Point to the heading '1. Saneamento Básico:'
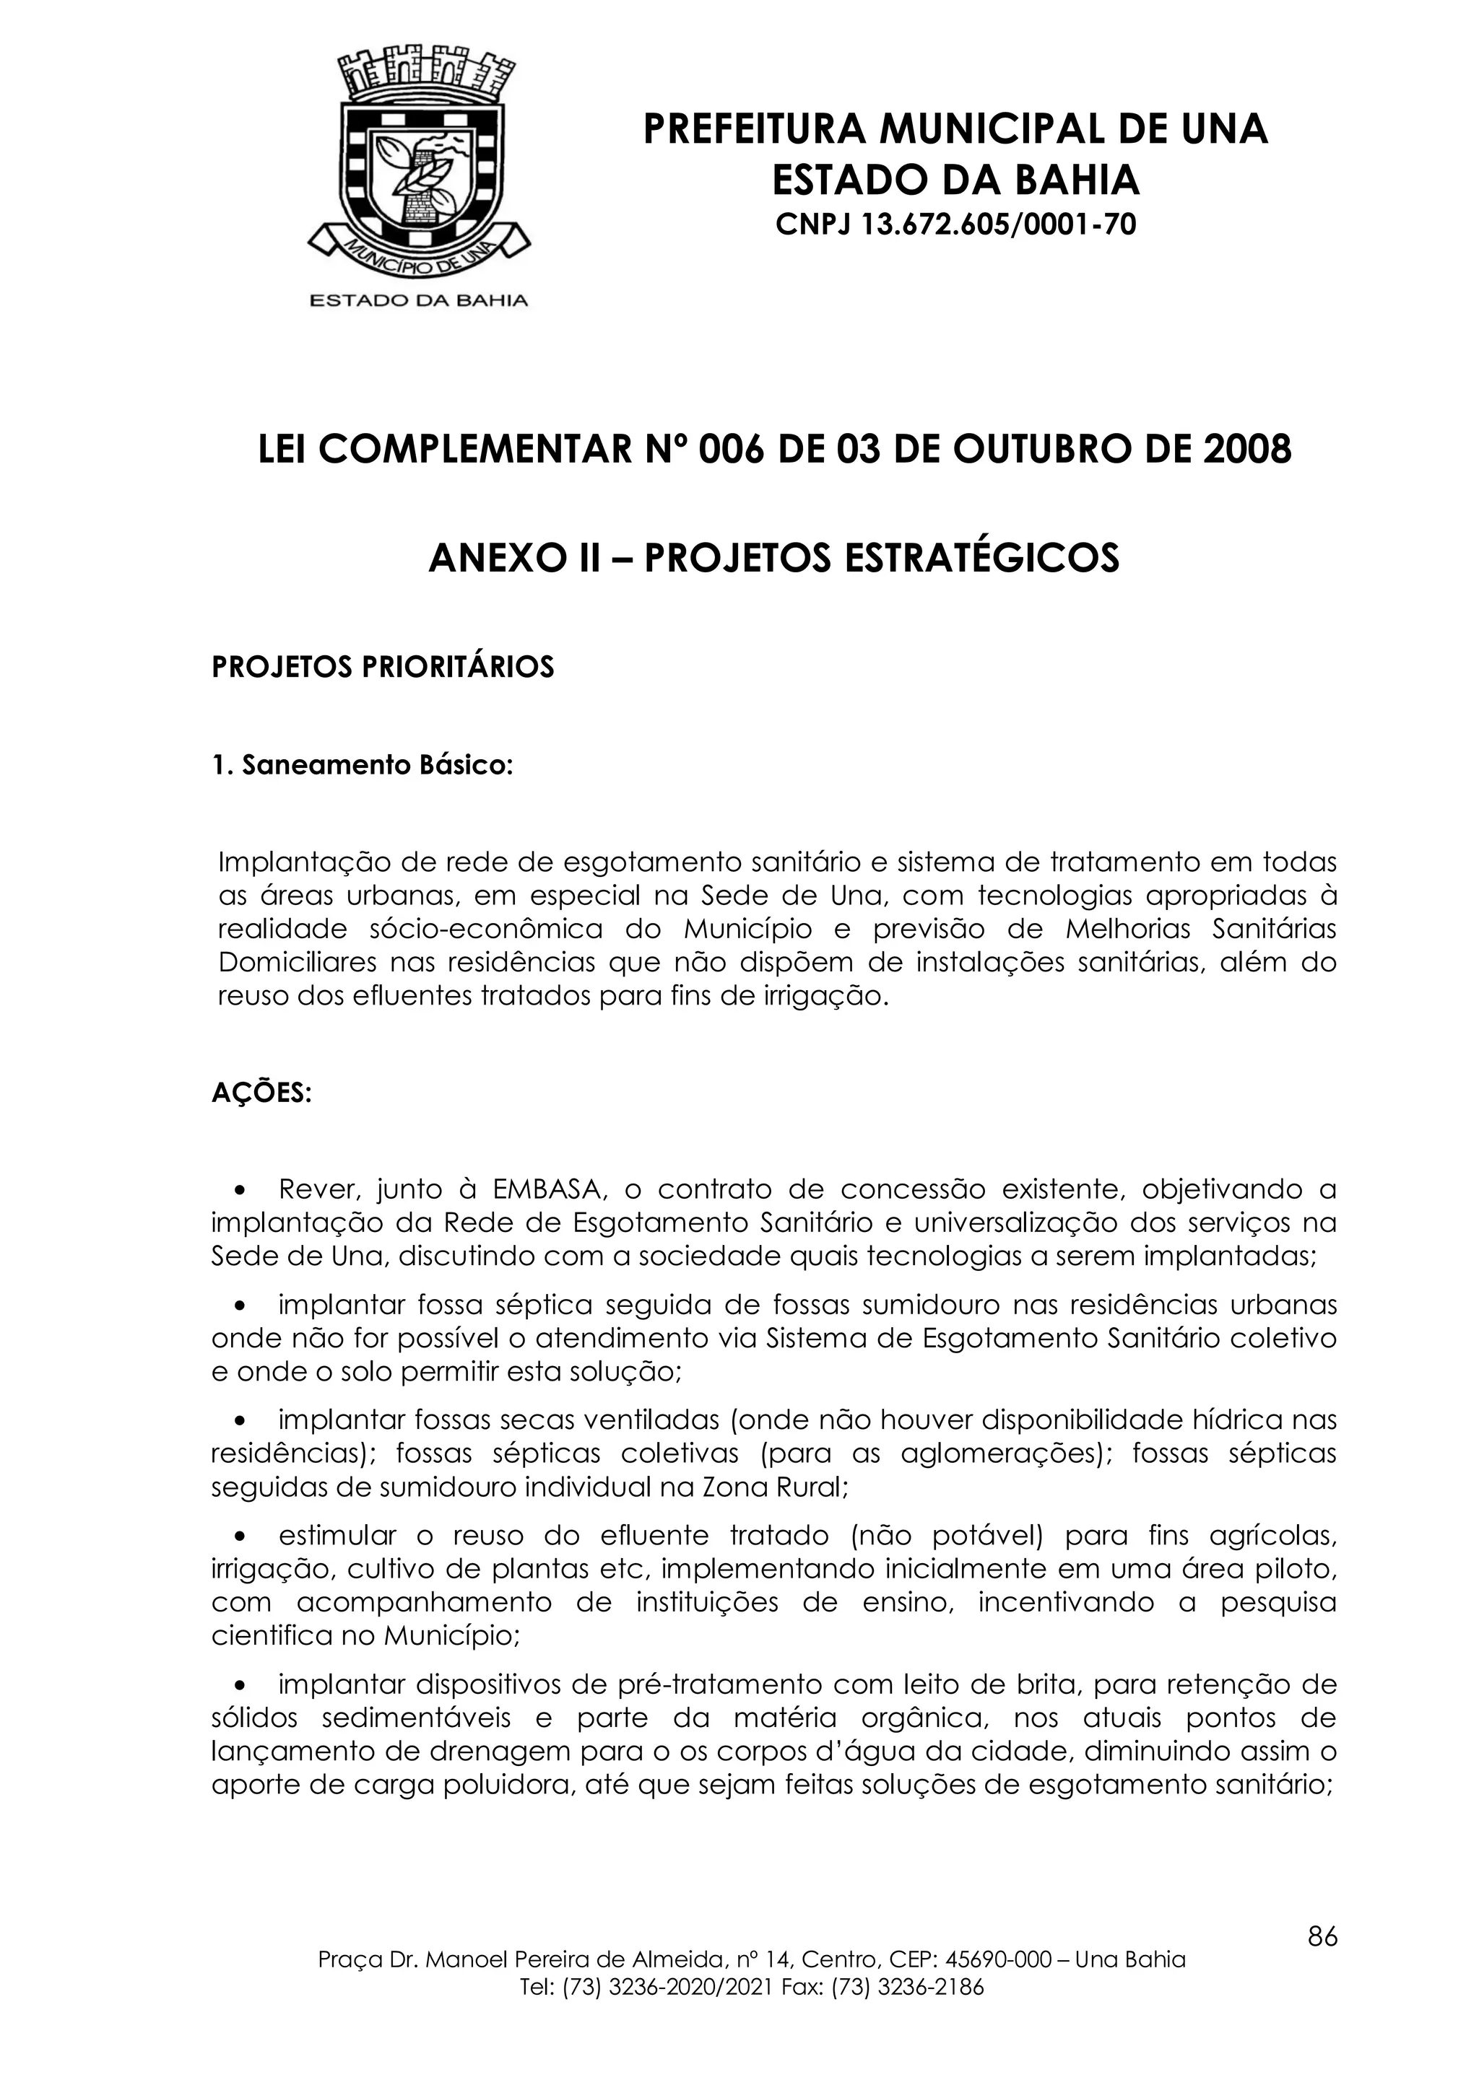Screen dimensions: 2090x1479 click(363, 766)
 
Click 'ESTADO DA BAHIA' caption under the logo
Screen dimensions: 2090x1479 click(419, 299)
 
